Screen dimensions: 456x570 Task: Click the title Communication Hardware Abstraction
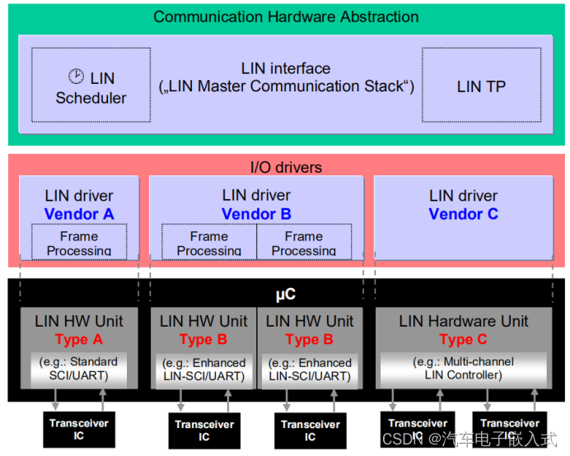286,16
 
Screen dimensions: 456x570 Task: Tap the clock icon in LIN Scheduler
76,77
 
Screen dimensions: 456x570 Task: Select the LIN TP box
481,86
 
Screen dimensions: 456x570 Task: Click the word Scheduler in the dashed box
91,98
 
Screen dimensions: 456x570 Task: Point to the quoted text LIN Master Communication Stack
286,86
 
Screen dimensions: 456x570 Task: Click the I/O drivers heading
286,167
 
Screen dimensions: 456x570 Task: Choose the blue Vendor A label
79,214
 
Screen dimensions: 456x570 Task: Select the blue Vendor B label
256,214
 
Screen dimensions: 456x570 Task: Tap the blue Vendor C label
463,214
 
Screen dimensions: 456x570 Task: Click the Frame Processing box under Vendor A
79,243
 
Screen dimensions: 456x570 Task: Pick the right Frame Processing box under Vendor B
304,243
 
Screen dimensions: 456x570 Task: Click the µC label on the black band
286,293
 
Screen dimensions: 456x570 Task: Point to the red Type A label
79,339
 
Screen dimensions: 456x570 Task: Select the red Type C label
463,339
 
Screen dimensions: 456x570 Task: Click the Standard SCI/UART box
79,368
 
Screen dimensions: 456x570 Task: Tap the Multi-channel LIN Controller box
463,368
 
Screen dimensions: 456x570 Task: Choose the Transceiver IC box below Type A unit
78,429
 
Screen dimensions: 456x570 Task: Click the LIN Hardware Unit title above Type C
463,321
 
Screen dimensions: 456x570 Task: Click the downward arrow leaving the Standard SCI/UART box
56,398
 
